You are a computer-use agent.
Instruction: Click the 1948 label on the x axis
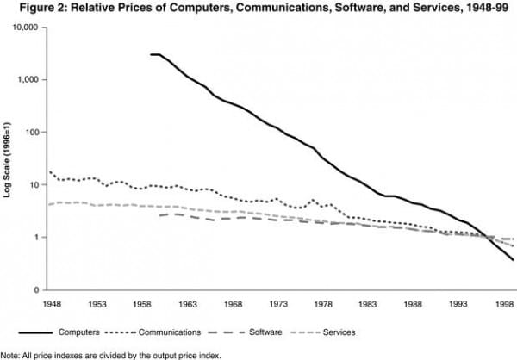pos(53,304)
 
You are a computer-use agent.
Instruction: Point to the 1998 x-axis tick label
pos(502,304)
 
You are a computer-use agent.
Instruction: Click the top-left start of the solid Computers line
pos(151,54)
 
